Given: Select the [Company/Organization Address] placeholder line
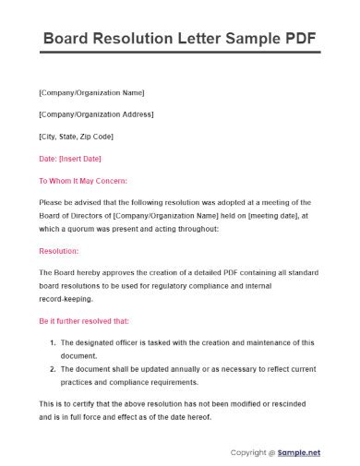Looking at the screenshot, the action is point(97,114).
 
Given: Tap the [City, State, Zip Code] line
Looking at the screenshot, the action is point(76,137).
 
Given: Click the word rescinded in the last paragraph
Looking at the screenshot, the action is point(301,404).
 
